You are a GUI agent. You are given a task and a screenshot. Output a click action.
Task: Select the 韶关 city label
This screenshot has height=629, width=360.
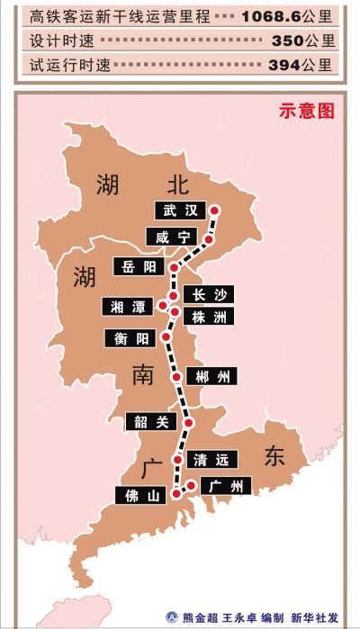pos(151,421)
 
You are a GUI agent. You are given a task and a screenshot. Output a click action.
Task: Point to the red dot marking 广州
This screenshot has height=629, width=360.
pos(191,487)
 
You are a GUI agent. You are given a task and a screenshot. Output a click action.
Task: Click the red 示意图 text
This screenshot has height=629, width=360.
pos(307,112)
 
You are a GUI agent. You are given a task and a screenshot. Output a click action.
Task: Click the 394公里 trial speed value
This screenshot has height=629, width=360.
pos(301,65)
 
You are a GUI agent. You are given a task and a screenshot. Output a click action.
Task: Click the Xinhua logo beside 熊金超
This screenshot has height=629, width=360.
pos(172,617)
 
